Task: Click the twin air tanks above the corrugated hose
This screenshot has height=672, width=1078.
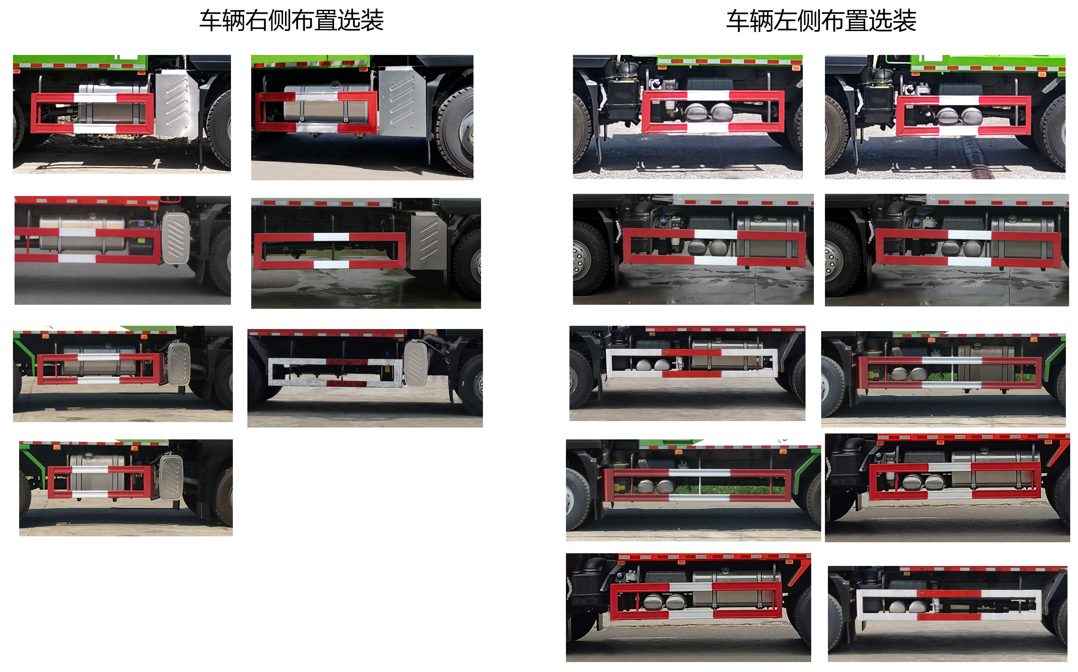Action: coord(959,117)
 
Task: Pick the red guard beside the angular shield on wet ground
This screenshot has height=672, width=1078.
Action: coord(329,251)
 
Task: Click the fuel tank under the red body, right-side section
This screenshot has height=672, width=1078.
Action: coord(82,233)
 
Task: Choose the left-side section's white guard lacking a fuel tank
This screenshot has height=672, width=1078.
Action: coord(948,604)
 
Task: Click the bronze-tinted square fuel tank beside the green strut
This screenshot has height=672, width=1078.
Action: coord(986,362)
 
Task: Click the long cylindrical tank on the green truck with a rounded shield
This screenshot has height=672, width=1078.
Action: coord(100,360)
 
